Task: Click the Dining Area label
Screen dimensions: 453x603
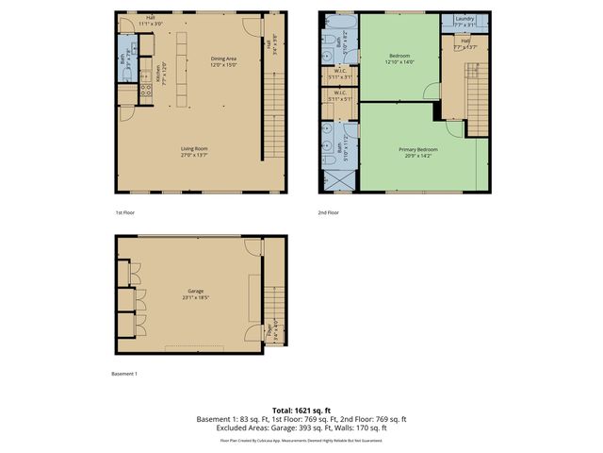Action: [x=224, y=59]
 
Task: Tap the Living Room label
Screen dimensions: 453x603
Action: [x=195, y=148]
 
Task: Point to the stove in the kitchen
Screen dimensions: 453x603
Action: [x=145, y=91]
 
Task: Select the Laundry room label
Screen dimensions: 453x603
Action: [x=464, y=19]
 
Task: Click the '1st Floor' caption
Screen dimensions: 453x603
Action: [x=125, y=212]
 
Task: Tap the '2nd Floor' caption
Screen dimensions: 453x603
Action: [x=329, y=212]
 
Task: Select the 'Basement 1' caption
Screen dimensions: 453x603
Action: [x=124, y=374]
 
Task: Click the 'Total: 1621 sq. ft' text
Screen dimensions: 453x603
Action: [x=301, y=410]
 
